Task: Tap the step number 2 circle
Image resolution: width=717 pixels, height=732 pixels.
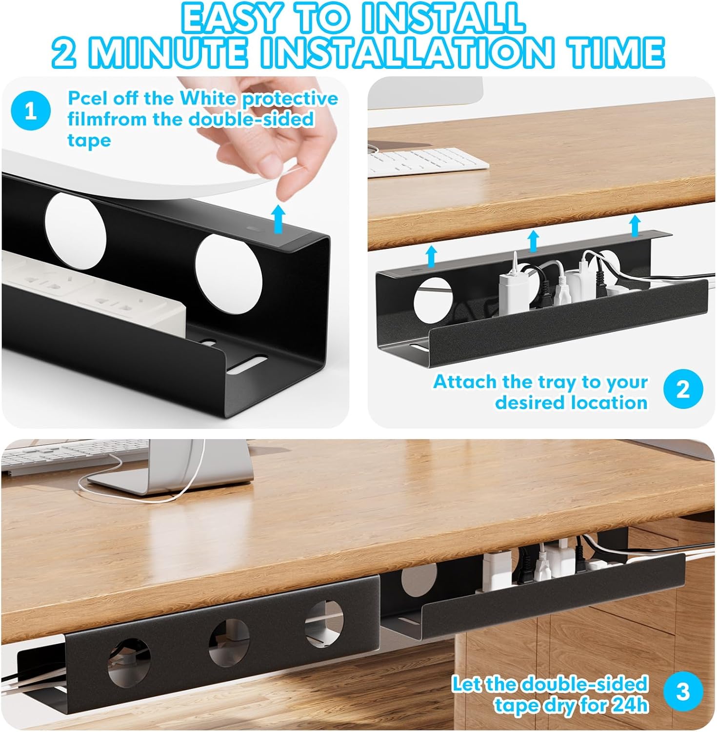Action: click(683, 390)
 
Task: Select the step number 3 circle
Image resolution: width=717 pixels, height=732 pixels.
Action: click(683, 692)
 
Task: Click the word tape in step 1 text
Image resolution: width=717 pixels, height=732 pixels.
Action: click(89, 140)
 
